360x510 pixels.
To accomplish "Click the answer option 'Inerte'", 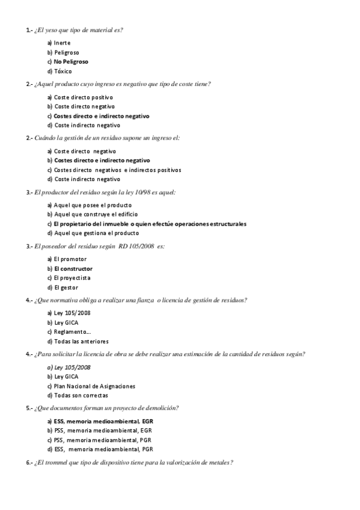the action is [x=62, y=43].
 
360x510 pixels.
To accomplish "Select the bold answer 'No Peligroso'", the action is [x=71, y=61].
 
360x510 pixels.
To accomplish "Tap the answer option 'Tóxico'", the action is [x=63, y=71].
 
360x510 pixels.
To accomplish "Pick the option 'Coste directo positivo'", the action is [x=84, y=97].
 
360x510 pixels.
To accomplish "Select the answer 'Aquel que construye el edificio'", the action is [x=96, y=214].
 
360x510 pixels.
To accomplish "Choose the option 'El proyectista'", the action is [x=72, y=278].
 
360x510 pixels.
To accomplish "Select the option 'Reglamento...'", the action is [x=72, y=332].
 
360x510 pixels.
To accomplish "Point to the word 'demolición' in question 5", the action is [x=162, y=408].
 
